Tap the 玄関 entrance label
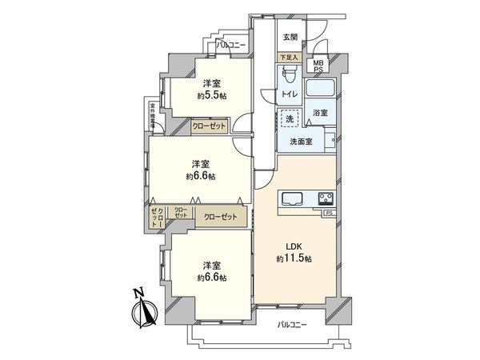[290, 36]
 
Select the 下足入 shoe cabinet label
[290, 58]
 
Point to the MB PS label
[318, 65]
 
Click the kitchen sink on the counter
[289, 198]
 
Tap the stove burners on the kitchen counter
[326, 198]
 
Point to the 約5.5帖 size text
[212, 94]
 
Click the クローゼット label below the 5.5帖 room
[209, 126]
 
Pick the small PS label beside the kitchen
[328, 213]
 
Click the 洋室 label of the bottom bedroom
[211, 265]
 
